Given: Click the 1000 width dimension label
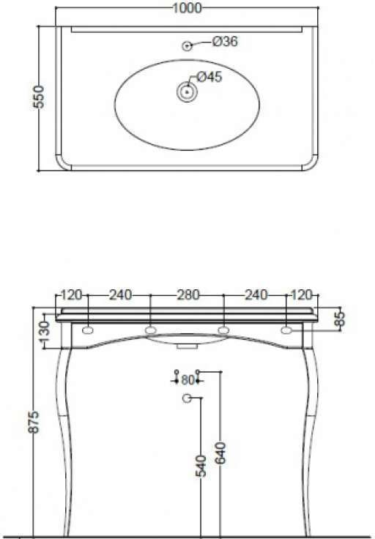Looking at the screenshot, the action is tap(187, 8).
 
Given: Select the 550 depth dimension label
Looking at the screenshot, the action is tap(40, 97).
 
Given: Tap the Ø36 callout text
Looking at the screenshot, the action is tap(225, 42).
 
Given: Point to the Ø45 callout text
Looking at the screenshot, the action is tap(209, 77).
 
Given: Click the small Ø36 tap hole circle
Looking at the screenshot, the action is tap(187, 45).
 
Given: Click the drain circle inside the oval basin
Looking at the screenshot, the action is tap(187, 92).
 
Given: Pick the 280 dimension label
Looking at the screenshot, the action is tap(187, 294).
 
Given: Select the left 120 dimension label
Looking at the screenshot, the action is tap(72, 294).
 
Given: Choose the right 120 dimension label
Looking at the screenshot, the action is tap(302, 294).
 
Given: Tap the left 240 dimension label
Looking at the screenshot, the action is tap(120, 294).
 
